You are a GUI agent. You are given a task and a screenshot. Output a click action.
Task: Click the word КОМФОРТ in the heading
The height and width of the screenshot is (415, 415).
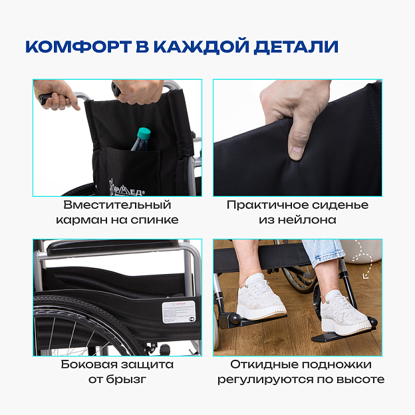point(78,47)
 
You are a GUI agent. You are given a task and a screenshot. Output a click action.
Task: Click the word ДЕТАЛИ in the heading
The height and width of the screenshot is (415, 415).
point(296,47)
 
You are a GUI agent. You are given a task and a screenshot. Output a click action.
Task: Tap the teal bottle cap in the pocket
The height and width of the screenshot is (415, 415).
point(144,133)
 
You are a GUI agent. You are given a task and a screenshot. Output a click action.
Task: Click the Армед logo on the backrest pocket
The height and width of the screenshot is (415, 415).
point(126,188)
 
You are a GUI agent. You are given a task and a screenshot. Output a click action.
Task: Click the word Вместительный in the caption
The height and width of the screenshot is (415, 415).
point(117,205)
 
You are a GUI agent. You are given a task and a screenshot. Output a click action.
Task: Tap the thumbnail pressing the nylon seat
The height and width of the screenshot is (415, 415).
point(295,152)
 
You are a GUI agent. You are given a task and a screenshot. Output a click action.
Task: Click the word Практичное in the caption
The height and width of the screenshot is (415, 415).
point(267,205)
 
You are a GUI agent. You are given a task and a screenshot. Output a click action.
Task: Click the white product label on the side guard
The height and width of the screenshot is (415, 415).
point(178,312)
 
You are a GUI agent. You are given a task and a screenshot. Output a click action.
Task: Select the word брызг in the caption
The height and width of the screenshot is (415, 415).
point(126,380)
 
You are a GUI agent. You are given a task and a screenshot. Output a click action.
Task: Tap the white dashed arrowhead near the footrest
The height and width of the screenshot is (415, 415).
point(366,276)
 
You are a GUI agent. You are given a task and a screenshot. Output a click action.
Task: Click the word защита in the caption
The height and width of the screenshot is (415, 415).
point(148,365)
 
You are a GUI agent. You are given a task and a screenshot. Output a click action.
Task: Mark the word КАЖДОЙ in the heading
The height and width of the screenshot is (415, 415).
point(202,47)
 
